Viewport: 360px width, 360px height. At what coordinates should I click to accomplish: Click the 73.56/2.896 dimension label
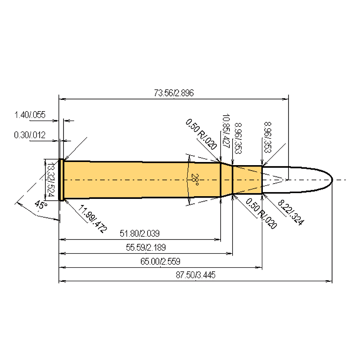pos(174,94)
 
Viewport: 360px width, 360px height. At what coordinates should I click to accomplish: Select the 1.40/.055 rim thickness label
pos(30,115)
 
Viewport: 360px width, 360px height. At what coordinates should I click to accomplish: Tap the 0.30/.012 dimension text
pos(30,135)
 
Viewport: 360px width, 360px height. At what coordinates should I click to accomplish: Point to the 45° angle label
pos(40,205)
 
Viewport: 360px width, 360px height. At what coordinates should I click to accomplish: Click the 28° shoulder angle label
pos(194,180)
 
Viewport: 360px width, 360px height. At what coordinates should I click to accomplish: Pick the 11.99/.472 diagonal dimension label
pos(93,218)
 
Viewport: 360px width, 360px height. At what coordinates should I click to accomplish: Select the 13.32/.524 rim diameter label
pos(50,180)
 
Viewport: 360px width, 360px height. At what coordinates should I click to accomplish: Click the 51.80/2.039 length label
pos(139,234)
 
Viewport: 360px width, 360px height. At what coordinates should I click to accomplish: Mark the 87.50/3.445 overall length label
pos(195,275)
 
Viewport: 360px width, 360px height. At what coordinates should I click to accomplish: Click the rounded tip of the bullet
pos(331,180)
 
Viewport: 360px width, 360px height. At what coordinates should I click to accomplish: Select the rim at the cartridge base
pos(61,180)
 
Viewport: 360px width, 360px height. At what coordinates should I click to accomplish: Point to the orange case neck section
pos(247,180)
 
